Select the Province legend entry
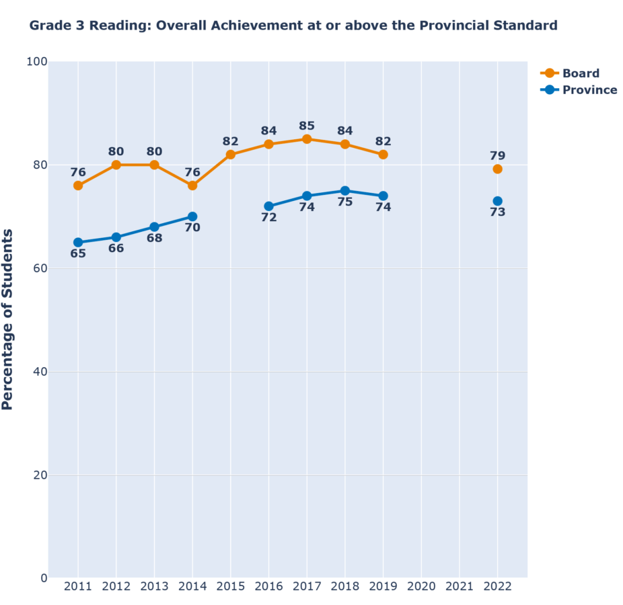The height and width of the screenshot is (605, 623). (x=578, y=90)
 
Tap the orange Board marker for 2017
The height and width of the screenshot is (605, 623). (x=307, y=139)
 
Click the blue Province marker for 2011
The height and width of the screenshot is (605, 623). (x=78, y=242)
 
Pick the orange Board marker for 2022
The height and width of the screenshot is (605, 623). (x=497, y=169)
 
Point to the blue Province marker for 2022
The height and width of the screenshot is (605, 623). (x=497, y=201)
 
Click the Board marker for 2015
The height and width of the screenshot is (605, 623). (x=231, y=155)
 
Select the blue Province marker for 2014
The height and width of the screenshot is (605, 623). (x=192, y=216)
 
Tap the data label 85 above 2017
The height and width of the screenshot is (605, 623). (x=307, y=126)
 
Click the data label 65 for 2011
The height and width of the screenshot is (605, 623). (x=78, y=254)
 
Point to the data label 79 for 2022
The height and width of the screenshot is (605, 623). (x=497, y=156)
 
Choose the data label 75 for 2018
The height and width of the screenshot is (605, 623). (x=345, y=201)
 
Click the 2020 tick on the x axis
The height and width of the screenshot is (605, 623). (x=421, y=587)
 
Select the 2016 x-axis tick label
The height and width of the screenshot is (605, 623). (x=268, y=587)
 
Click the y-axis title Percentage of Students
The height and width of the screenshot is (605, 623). (x=8, y=319)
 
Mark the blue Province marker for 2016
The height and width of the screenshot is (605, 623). (x=269, y=206)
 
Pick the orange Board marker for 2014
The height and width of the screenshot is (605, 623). (x=192, y=186)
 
